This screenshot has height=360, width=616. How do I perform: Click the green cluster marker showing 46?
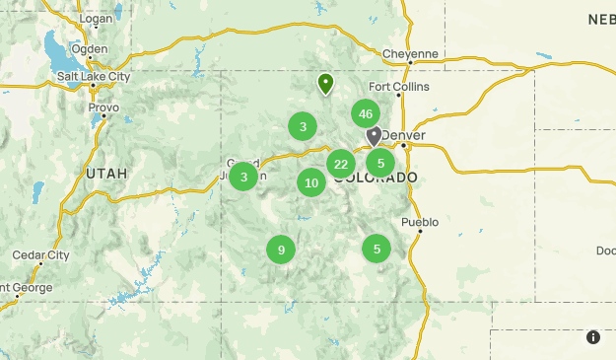click(x=366, y=113)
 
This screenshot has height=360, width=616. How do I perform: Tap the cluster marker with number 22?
click(x=341, y=164)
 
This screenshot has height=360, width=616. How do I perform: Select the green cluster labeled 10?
click(x=311, y=182)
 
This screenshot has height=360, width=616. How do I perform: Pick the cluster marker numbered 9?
click(x=281, y=250)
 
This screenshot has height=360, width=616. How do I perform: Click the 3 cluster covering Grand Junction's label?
click(x=243, y=177)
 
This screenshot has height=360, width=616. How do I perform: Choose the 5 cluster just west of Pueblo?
click(x=376, y=249)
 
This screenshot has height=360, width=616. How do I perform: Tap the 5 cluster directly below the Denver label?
click(x=380, y=163)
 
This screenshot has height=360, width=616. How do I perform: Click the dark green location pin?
click(x=326, y=84)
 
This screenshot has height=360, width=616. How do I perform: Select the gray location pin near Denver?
click(x=374, y=135)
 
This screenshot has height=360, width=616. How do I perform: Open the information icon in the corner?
click(x=593, y=337)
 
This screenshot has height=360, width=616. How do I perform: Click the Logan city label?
click(x=96, y=19)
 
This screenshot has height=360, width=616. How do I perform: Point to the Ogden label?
click(x=89, y=48)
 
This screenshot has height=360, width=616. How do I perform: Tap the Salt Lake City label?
click(x=93, y=76)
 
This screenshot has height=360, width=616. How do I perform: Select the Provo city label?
click(x=103, y=108)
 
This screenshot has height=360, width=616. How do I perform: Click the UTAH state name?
click(x=106, y=173)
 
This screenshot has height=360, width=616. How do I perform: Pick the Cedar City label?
click(x=40, y=254)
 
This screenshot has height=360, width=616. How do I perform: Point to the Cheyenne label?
click(x=410, y=53)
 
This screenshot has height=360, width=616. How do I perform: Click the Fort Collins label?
click(x=399, y=87)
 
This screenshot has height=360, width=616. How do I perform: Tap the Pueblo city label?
click(x=419, y=222)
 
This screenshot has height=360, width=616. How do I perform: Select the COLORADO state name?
click(x=375, y=178)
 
